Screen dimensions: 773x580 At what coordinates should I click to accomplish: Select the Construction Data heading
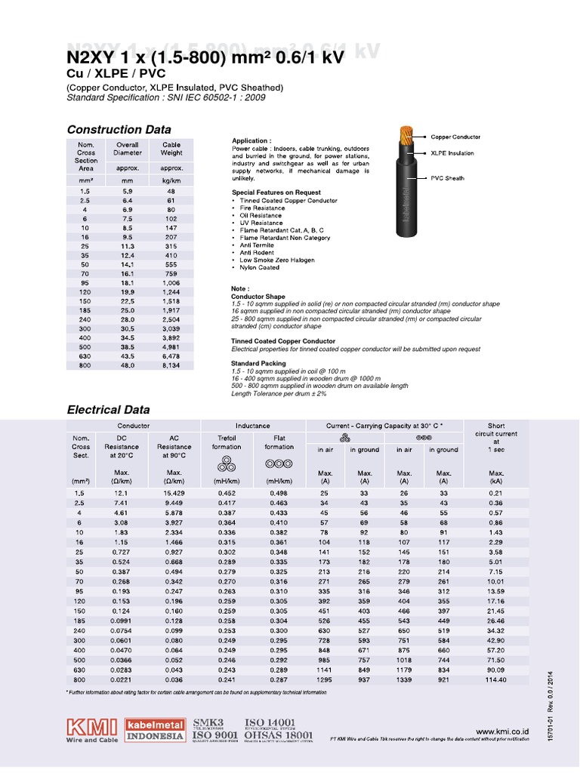coord(119,130)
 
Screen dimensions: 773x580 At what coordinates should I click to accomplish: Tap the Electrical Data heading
coord(109,410)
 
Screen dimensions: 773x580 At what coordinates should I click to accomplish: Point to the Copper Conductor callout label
coord(455,137)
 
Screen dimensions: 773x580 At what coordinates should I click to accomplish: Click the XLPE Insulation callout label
coord(452,152)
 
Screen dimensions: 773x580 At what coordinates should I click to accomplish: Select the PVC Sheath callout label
coord(447,178)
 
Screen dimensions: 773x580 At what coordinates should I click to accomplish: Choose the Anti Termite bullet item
coord(254,245)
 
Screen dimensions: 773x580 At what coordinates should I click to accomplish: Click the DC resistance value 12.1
coord(122,493)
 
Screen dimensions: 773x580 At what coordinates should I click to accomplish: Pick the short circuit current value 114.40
coord(495,679)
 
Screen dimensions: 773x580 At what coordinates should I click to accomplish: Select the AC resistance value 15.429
coord(174,493)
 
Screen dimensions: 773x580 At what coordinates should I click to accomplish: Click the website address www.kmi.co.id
coord(502,731)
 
